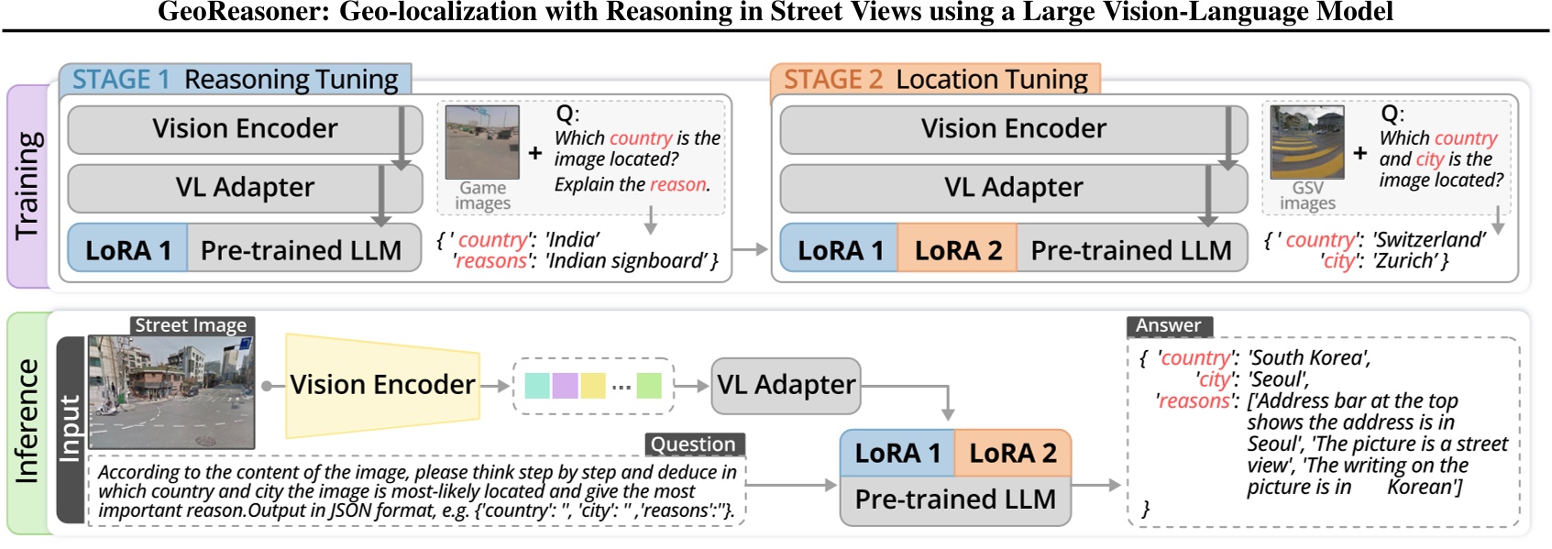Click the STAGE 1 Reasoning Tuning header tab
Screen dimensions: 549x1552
tap(235, 80)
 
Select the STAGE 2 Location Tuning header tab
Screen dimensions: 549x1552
tap(935, 80)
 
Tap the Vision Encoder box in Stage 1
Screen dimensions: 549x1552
tap(245, 129)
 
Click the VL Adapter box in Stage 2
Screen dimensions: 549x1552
tap(1013, 188)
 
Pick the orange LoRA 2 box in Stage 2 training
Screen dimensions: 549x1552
tap(957, 250)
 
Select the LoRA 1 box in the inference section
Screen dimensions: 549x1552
tap(897, 453)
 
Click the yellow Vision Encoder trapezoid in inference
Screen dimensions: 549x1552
tap(382, 385)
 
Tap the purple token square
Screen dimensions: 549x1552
tap(565, 386)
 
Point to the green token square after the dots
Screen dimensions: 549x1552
tap(649, 386)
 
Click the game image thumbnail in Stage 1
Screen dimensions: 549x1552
tap(482, 142)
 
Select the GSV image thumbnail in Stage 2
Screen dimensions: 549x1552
tap(1307, 142)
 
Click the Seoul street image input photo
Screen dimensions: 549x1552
tap(171, 391)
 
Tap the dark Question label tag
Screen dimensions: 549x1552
tap(693, 445)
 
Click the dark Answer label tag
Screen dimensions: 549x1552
tap(1169, 326)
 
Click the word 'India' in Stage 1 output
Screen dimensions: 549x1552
tap(572, 240)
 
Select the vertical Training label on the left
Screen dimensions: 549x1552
tap(28, 186)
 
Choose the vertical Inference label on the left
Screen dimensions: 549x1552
tap(28, 422)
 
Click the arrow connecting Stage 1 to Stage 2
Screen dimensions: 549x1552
tap(750, 249)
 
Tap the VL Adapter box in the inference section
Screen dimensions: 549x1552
tap(786, 385)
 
